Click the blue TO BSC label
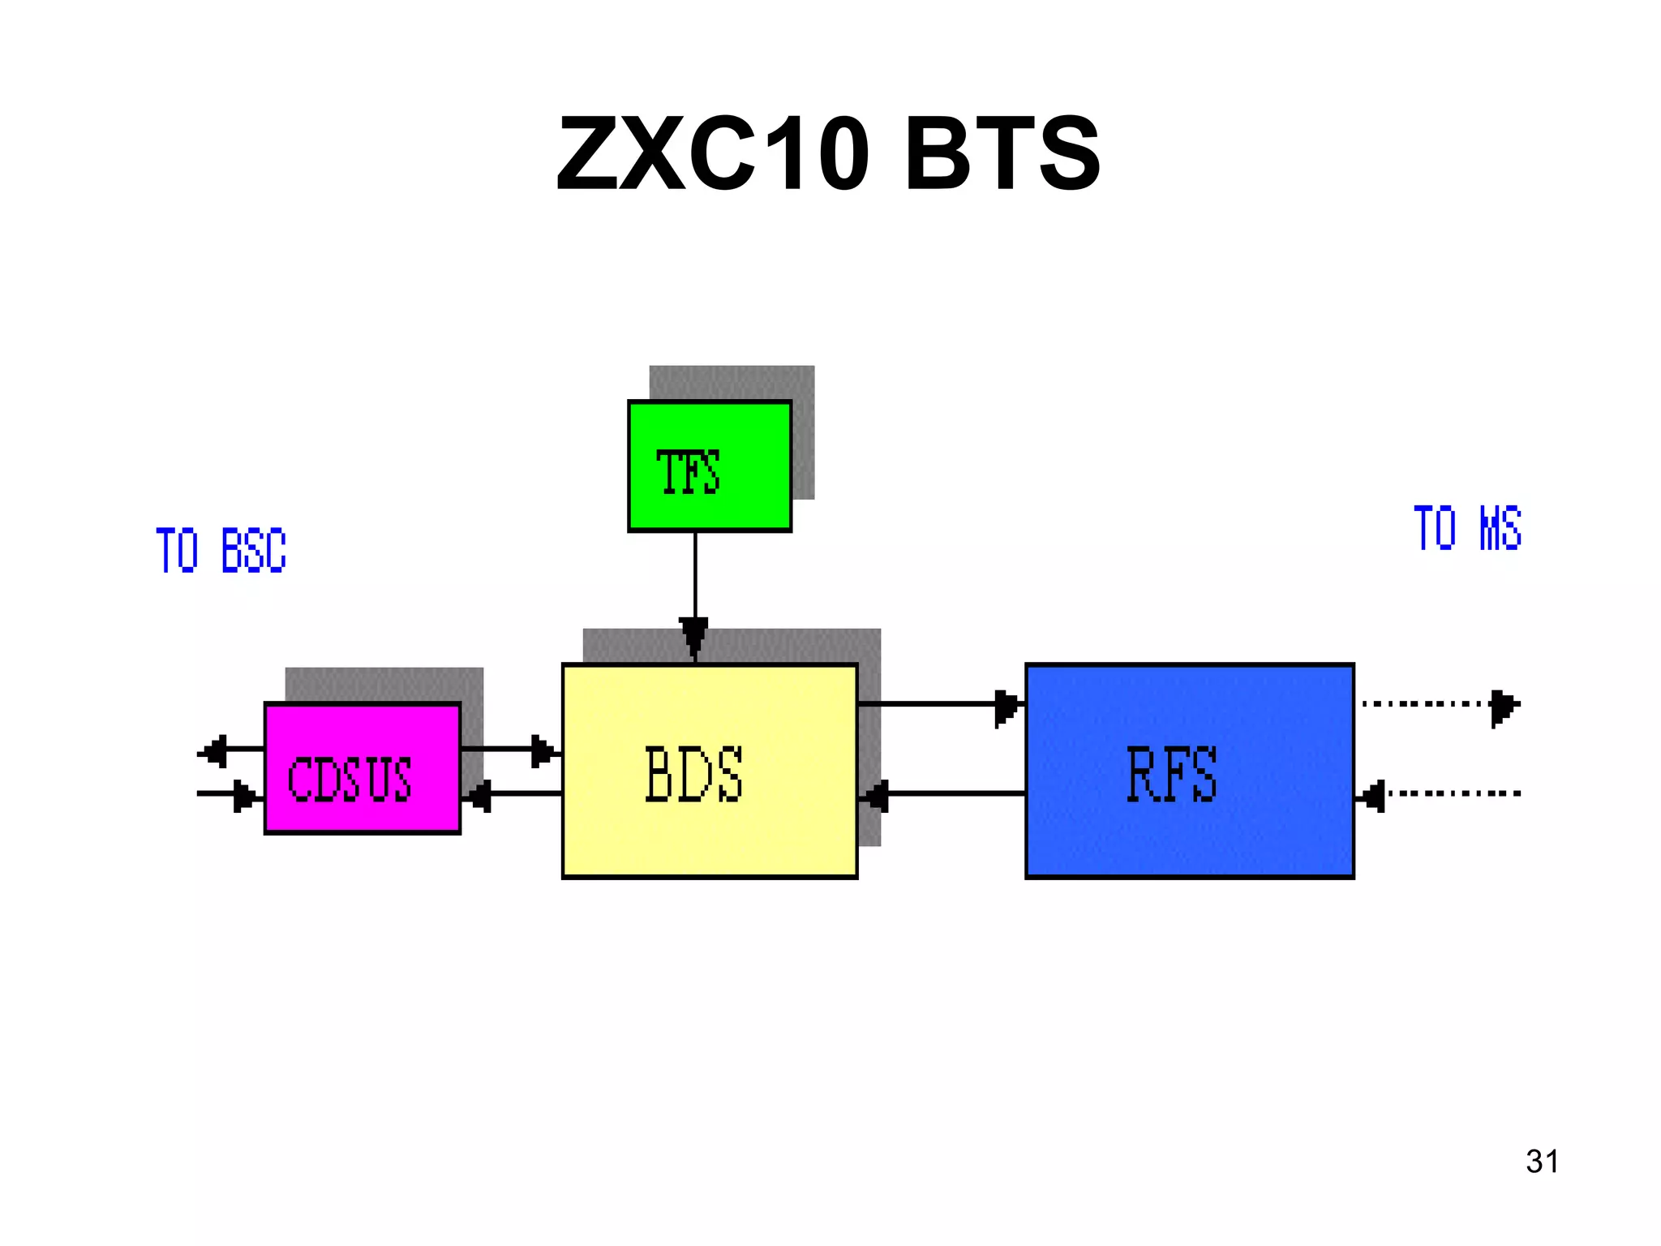click(x=221, y=551)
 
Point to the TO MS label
click(x=1466, y=529)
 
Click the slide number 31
click(x=1542, y=1162)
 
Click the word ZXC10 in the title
click(x=713, y=153)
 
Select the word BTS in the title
click(x=1002, y=153)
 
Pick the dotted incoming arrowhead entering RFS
click(x=1372, y=796)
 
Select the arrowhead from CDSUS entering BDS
click(x=542, y=751)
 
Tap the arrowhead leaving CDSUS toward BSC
click(x=215, y=751)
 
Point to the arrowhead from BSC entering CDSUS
click(x=243, y=796)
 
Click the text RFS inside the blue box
click(x=1172, y=775)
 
